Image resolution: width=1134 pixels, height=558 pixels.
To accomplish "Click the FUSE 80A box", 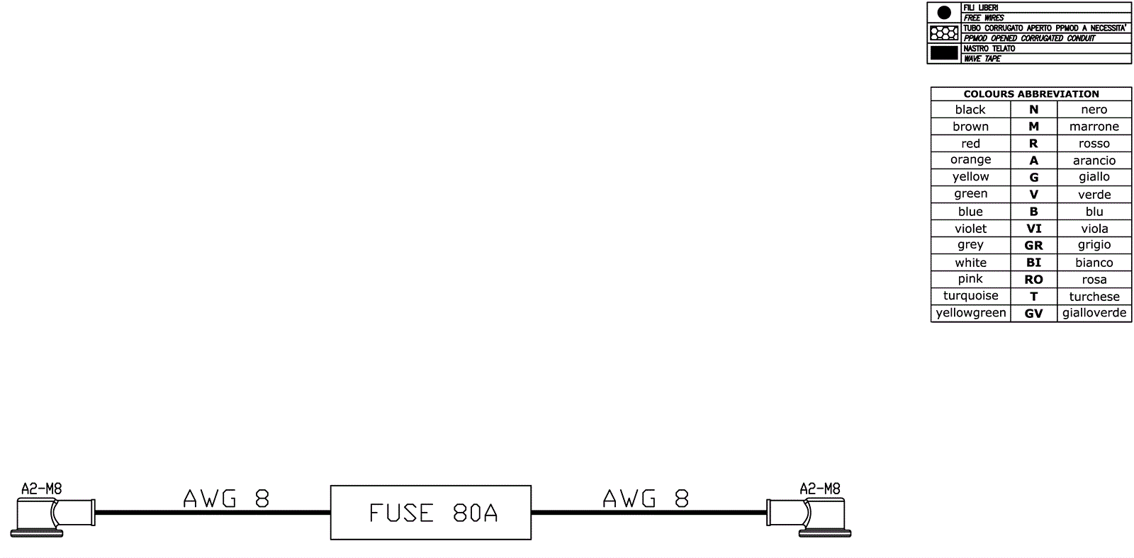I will point(431,513).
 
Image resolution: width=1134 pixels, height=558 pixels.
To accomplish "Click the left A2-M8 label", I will point(42,489).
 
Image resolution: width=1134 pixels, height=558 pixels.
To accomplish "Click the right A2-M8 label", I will point(820,489).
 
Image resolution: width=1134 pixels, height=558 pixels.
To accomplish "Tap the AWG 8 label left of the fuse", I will point(226,499).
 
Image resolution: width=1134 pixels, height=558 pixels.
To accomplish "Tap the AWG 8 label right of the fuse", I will point(646,499).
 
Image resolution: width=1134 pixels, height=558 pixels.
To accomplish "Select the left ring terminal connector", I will point(54,516).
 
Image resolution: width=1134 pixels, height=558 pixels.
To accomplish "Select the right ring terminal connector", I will point(809,516).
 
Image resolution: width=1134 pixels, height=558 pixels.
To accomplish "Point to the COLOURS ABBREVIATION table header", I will point(1031,93).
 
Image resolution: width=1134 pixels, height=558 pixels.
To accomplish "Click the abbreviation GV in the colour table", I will point(1033,313).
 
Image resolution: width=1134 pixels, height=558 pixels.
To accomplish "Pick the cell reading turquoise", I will point(970,296).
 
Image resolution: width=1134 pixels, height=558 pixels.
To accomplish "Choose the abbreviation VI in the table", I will point(1033,229).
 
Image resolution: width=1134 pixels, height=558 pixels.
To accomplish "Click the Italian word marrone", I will point(1094,127).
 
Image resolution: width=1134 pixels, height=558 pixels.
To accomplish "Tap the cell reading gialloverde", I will point(1094,313).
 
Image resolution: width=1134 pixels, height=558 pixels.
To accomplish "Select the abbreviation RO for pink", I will point(1033,280).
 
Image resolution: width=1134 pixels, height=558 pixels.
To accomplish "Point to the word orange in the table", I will point(970,160).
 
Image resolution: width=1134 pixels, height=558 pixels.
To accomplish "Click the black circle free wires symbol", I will point(944,13).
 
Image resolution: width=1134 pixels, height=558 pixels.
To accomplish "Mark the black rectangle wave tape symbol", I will point(944,53).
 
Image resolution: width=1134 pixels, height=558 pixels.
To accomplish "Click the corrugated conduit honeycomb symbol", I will point(944,33).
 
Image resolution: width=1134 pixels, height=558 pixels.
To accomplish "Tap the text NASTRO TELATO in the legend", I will point(989,49).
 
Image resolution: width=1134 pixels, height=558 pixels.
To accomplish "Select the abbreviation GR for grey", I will point(1033,246).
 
